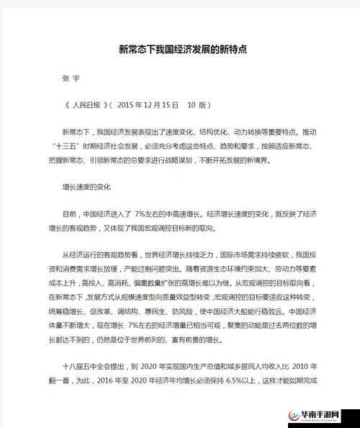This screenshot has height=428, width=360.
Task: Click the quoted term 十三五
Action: [68, 146]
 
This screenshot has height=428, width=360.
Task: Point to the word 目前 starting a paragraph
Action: [70, 214]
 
